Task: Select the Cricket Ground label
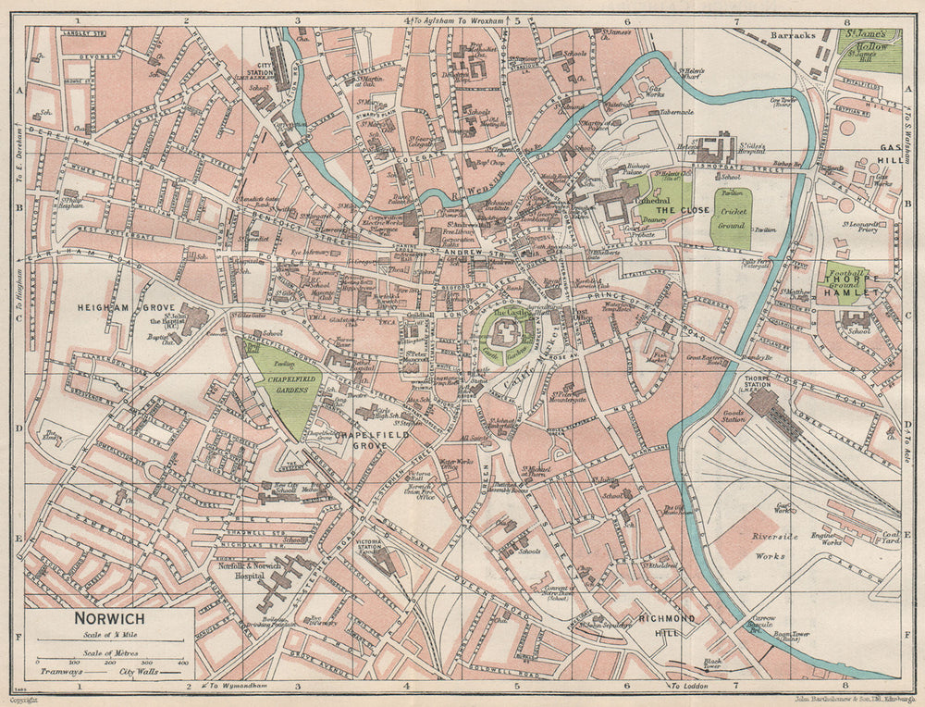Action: tap(732, 217)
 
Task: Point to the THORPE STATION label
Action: tap(769, 381)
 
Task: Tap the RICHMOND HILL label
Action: tap(658, 624)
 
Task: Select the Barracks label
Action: tap(796, 35)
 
